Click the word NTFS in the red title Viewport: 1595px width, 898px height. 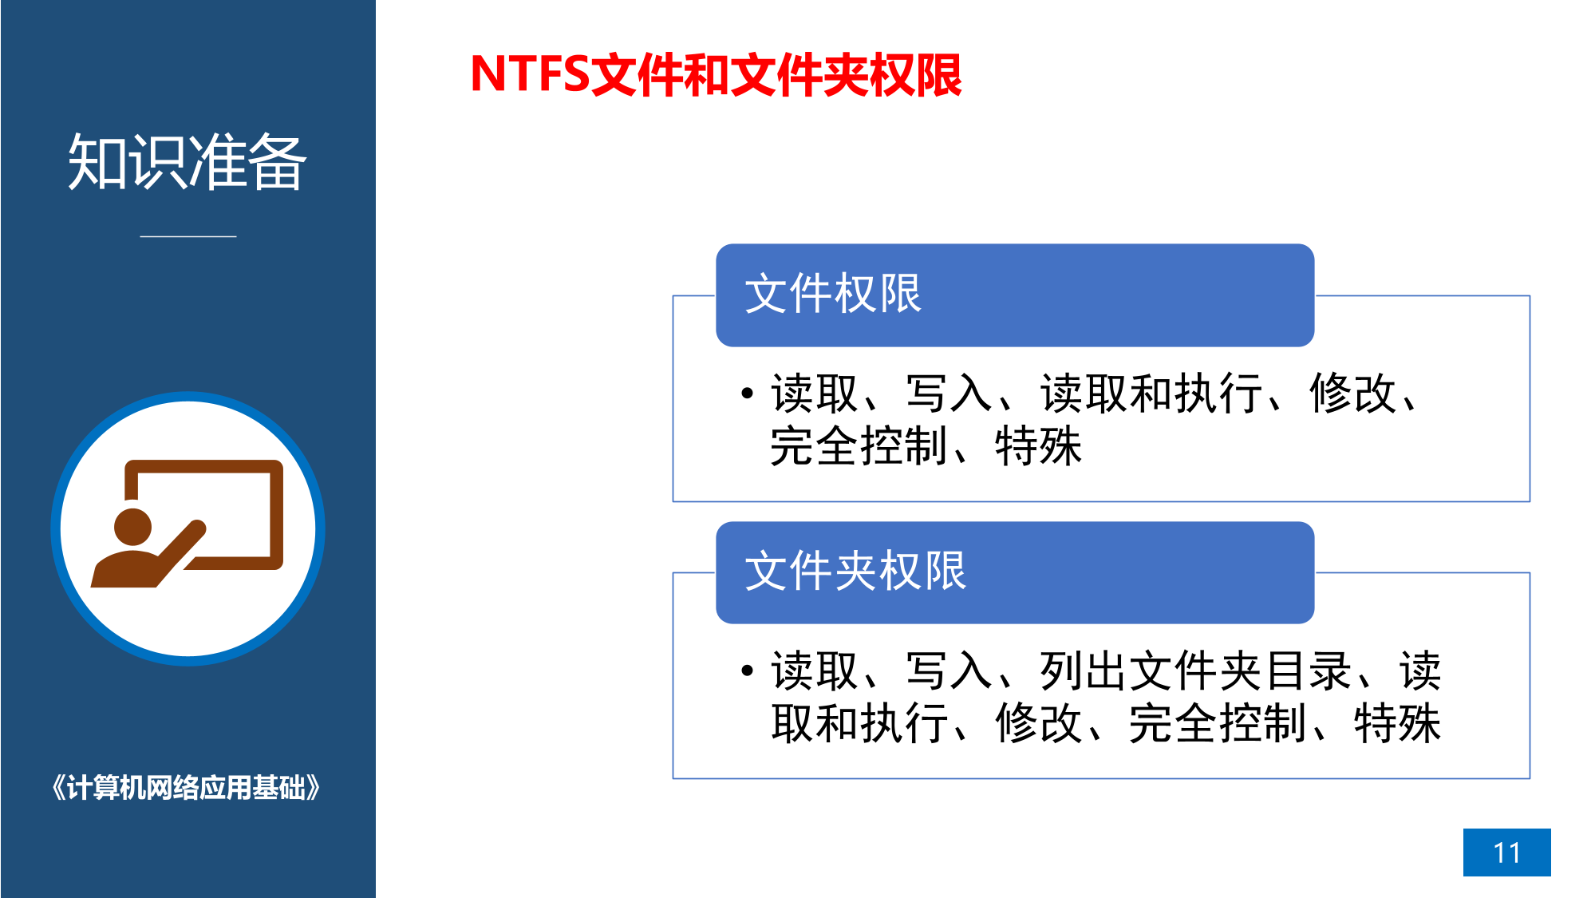530,74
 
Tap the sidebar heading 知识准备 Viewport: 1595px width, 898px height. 188,162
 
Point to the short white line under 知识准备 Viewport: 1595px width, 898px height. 188,236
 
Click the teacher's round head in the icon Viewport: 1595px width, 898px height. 132,527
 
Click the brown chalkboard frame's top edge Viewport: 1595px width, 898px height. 204,466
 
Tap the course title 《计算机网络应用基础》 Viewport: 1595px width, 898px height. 186,788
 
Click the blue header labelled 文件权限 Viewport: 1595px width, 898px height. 1015,295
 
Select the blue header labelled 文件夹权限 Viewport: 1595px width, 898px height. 1015,572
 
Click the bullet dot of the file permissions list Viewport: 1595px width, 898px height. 747,393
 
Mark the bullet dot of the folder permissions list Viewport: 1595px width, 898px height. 747,671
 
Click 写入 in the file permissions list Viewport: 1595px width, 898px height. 949,394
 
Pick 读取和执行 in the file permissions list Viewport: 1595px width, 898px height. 1151,394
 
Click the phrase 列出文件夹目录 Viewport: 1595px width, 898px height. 1195,671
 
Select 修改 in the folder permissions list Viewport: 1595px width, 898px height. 1038,723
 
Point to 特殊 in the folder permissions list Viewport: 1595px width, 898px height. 1397,723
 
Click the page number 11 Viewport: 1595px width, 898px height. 1507,853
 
